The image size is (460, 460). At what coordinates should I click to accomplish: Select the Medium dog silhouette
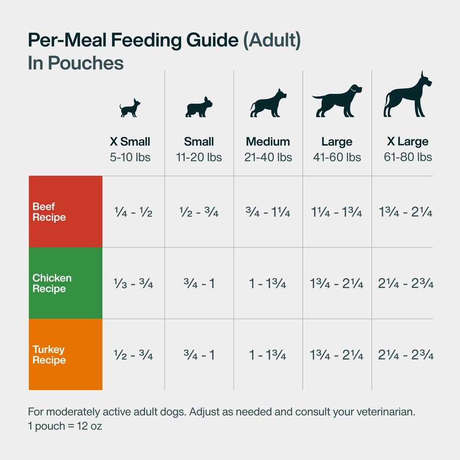point(268,103)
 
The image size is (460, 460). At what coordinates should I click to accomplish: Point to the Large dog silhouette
point(337,101)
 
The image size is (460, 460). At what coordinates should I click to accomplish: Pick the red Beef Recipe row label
point(65,212)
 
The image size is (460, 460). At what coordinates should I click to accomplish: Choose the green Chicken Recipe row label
point(65,283)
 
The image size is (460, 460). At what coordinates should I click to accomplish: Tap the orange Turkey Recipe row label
point(65,355)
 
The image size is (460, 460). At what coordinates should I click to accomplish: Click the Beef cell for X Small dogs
point(133,213)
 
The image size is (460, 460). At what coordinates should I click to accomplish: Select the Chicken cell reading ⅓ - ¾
point(133,284)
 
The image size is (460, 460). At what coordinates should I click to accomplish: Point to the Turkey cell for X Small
point(133,355)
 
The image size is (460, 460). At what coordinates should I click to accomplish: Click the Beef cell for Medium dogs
point(268,213)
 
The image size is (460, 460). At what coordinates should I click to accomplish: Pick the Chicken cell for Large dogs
point(337,284)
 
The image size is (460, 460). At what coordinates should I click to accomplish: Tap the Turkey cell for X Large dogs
point(406,355)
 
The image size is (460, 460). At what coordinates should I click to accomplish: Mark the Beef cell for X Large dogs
point(406,213)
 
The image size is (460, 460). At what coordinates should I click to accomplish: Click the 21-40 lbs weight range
point(268,157)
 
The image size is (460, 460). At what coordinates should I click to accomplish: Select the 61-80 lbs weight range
point(408,157)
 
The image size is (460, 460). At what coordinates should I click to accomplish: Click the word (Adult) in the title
point(272,40)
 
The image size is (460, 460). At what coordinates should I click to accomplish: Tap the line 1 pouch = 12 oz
point(65,426)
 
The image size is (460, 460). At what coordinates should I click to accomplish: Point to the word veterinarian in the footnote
point(383,412)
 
